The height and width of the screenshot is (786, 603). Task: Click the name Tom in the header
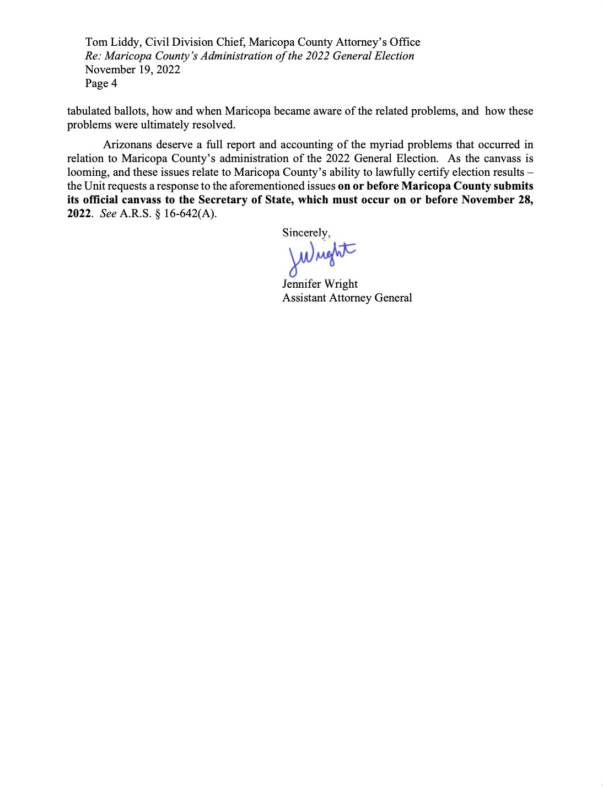pos(96,42)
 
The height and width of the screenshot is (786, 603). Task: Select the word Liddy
pos(126,42)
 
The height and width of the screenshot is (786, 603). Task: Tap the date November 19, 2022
pos(132,70)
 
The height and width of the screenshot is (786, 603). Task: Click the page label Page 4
pos(101,84)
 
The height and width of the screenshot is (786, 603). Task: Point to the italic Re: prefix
pos(93,56)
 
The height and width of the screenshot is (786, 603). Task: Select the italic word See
pos(108,214)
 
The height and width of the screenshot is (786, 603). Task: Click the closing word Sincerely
pos(305,233)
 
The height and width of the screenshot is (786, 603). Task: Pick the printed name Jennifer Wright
pos(320,284)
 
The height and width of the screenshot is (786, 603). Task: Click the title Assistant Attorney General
pos(347,298)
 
